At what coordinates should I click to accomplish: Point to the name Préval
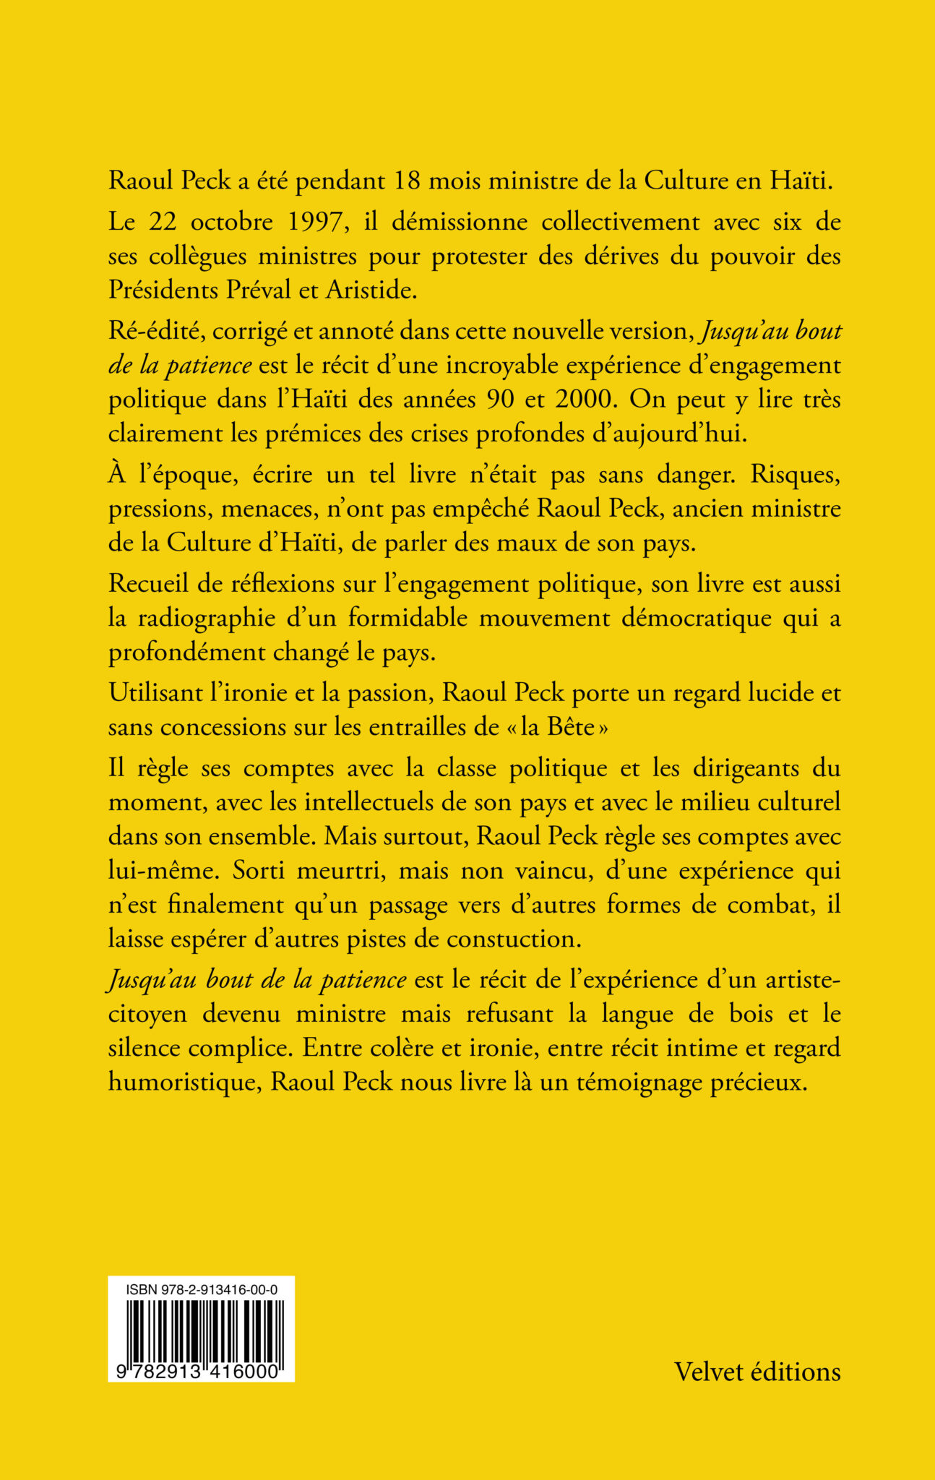263,290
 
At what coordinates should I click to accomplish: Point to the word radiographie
199,619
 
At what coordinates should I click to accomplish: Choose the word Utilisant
158,693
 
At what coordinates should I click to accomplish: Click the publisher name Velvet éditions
757,1372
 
